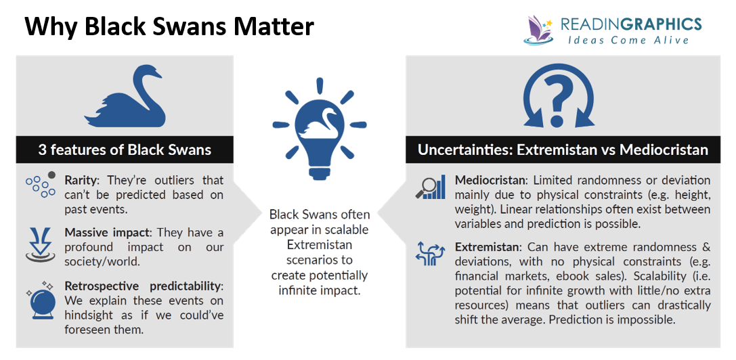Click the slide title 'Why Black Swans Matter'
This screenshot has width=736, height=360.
click(x=169, y=27)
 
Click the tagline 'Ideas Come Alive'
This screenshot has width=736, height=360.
click(x=628, y=41)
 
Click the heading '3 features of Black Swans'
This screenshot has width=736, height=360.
click(x=125, y=150)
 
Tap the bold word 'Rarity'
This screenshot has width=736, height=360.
click(x=81, y=181)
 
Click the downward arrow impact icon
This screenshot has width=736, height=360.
click(x=40, y=244)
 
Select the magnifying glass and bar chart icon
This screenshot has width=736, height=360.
click(x=430, y=187)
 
